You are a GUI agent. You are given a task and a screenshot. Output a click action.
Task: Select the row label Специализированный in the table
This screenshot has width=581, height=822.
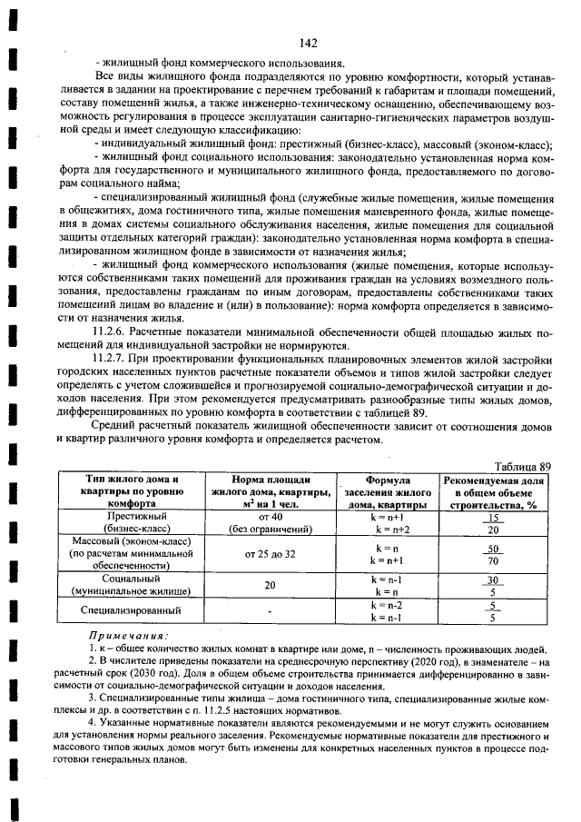131,610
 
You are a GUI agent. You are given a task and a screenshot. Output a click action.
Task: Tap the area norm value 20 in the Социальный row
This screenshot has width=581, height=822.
270,586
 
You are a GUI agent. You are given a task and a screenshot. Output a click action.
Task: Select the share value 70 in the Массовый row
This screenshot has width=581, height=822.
493,561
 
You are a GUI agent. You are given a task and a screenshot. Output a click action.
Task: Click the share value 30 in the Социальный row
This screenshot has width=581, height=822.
493,579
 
